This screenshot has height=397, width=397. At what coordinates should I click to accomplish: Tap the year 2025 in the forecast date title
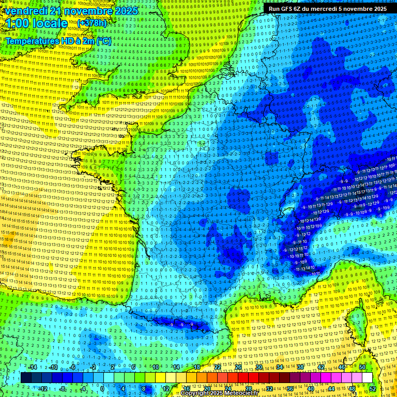coord(126,11)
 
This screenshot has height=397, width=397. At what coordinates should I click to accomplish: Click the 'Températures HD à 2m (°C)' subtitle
coord(58,41)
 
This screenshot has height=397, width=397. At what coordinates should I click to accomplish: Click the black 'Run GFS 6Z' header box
coord(327,8)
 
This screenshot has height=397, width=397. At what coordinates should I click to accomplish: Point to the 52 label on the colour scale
coord(373,388)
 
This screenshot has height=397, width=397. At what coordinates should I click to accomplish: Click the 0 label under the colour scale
coord(102,388)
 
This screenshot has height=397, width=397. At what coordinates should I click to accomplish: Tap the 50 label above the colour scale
coord(362,367)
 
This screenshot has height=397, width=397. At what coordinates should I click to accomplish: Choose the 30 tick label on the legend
coord(258,367)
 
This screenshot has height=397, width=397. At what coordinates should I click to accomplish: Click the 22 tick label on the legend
coord(218,367)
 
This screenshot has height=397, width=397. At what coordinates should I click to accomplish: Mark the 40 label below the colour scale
coord(310,388)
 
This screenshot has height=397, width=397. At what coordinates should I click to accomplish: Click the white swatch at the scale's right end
coord(367,378)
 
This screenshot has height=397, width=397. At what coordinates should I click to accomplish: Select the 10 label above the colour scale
coord(155,367)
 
